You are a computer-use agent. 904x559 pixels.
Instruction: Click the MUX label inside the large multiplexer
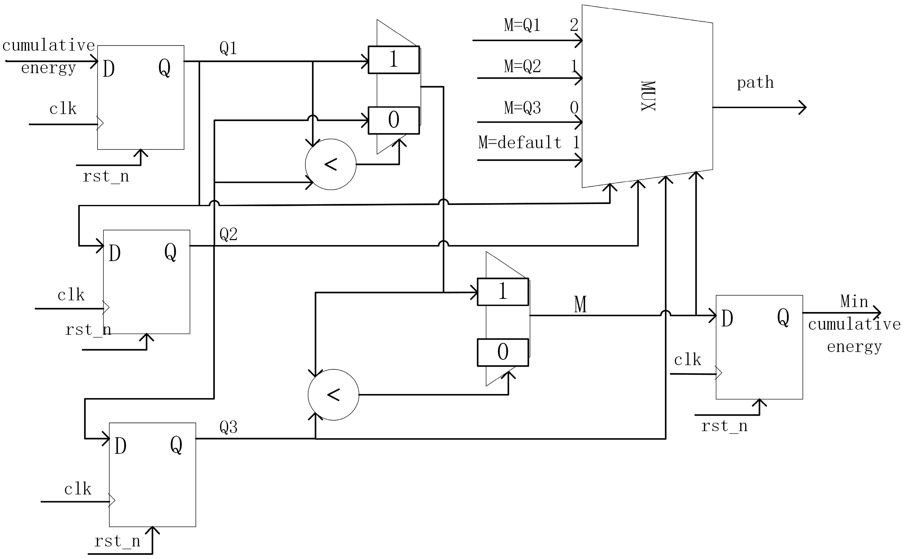pyautogui.click(x=648, y=96)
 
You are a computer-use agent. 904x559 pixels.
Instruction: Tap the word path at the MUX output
pyautogui.click(x=755, y=82)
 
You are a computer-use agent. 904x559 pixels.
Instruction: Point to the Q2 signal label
pyautogui.click(x=228, y=234)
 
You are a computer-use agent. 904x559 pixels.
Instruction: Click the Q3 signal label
pyautogui.click(x=228, y=427)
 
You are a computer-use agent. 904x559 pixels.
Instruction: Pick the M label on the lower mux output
pyautogui.click(x=580, y=305)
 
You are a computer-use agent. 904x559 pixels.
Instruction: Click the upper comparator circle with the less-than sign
pyautogui.click(x=331, y=164)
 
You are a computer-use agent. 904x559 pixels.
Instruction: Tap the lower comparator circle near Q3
pyautogui.click(x=333, y=395)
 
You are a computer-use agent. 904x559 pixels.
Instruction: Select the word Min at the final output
pyautogui.click(x=854, y=301)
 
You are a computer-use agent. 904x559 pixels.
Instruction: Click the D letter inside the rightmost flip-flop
pyautogui.click(x=727, y=319)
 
